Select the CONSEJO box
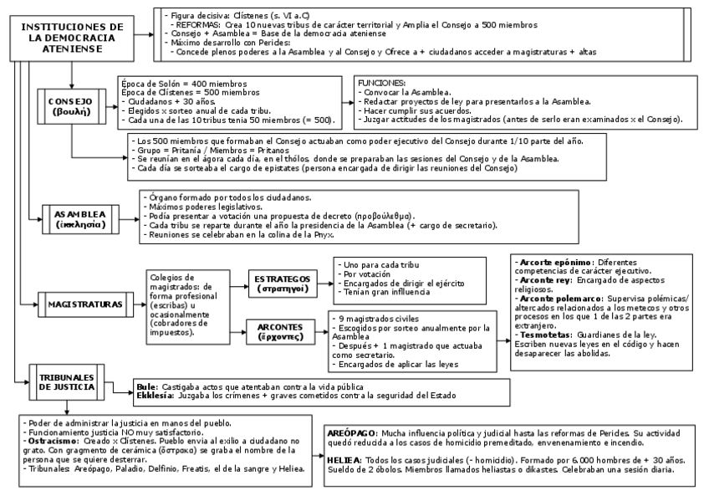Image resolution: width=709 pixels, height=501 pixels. click(71, 106)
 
